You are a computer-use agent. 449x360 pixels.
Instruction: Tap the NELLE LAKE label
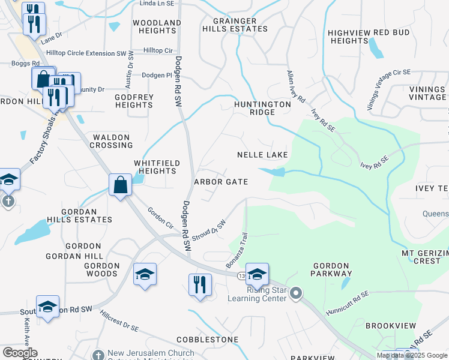point(262,155)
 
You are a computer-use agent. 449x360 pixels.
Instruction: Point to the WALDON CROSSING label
point(112,141)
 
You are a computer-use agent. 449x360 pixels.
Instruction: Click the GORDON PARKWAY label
point(331,269)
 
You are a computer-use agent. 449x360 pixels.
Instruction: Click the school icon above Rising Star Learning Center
point(257,274)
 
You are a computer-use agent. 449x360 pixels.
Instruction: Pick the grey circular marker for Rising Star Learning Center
point(295,293)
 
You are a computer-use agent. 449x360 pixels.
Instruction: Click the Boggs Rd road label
point(25,63)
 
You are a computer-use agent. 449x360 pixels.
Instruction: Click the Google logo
point(20,353)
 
